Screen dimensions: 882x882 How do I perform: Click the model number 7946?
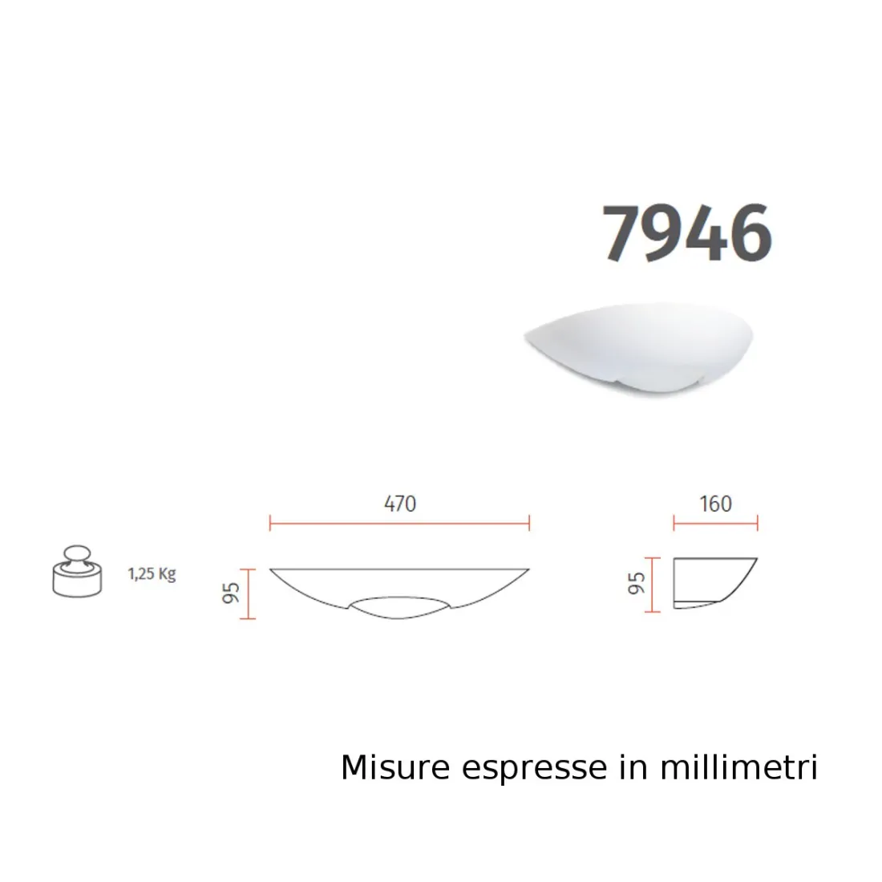687,233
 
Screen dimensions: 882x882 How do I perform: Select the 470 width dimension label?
400,504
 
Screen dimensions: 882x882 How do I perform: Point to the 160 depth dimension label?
715,504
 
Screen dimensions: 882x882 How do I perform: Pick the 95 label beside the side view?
637,584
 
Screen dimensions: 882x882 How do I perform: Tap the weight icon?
77,571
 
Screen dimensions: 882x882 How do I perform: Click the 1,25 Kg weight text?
152,574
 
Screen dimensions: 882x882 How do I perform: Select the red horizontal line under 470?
400,524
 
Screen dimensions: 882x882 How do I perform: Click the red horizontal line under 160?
715,524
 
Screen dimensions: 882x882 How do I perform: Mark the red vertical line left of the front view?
249,594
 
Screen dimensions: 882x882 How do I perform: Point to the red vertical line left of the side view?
655,585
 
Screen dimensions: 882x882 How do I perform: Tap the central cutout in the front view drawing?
400,607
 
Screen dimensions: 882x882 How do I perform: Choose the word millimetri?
738,767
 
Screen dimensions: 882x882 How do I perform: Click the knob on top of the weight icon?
77,552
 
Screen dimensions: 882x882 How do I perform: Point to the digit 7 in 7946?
624,233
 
